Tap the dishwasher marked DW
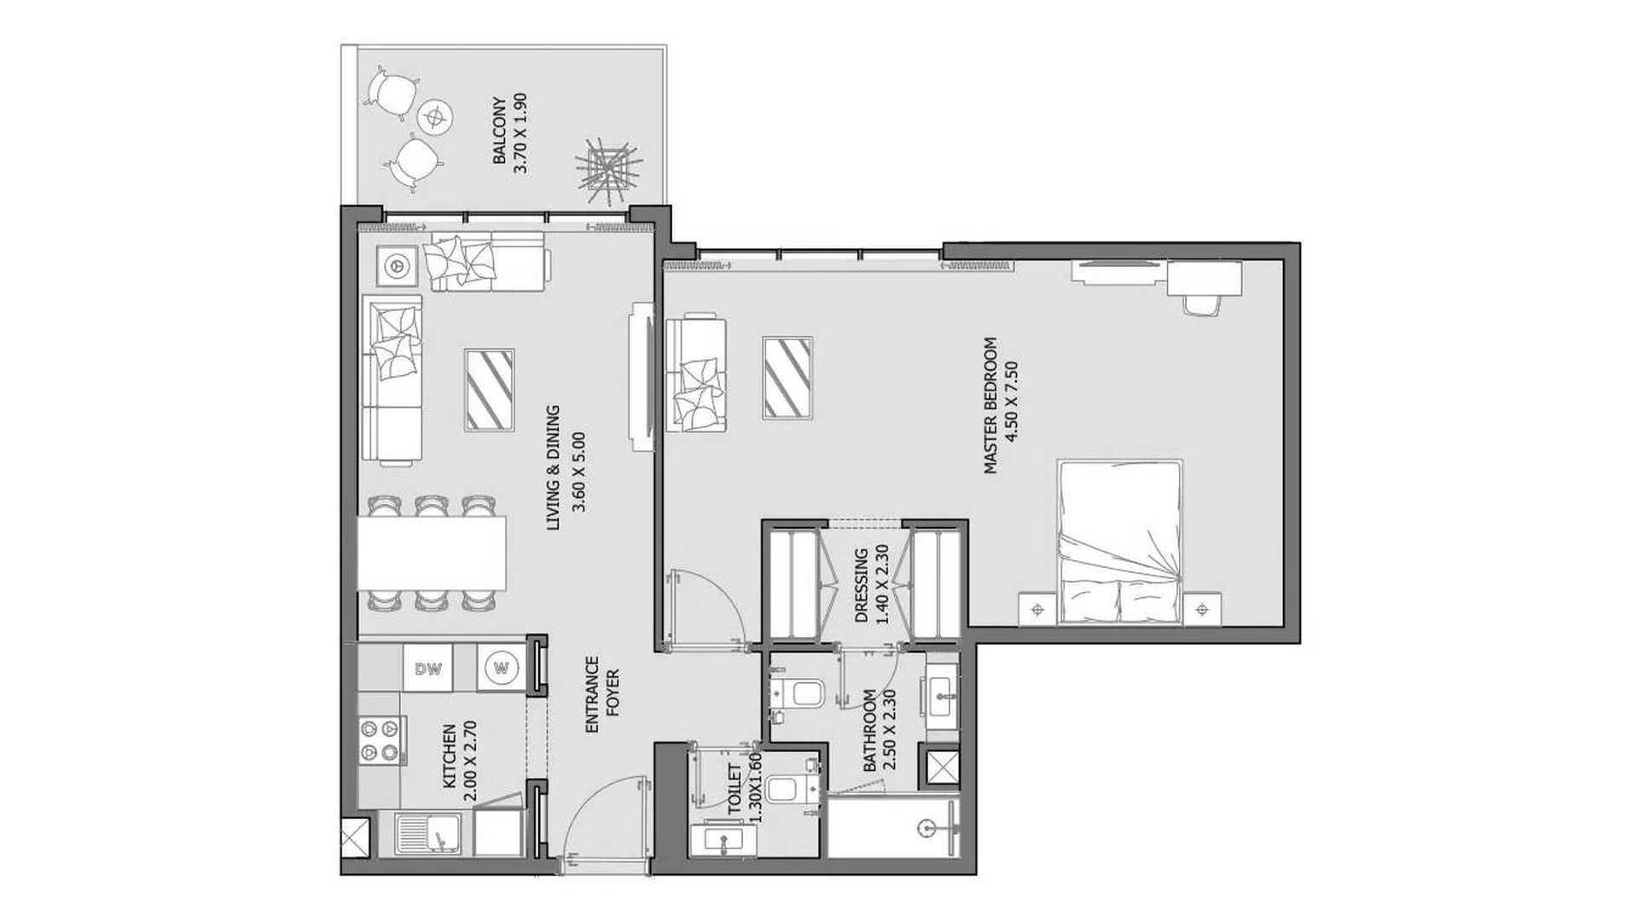tap(429, 669)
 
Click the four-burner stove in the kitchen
tap(380, 741)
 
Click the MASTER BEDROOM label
tap(990, 405)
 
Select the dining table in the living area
tap(432, 553)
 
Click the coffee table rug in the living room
tap(489, 390)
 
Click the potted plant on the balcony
tap(607, 168)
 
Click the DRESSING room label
tap(861, 586)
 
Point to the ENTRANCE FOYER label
tap(601, 695)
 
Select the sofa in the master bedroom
tap(696, 374)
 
